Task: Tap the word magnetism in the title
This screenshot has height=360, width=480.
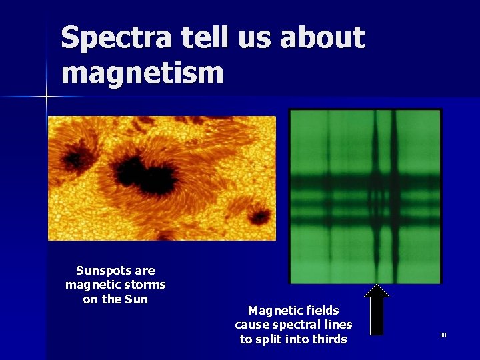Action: click(x=142, y=72)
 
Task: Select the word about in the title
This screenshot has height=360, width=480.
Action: click(x=322, y=39)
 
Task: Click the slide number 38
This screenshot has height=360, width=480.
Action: click(x=443, y=335)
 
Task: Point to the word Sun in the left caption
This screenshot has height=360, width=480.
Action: click(x=137, y=299)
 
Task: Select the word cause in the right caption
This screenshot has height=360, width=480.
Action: click(x=251, y=325)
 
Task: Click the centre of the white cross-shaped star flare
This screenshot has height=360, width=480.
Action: click(x=47, y=97)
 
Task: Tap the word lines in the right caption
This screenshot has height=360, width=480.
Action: click(x=339, y=325)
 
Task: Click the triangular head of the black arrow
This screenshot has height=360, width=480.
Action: click(x=377, y=291)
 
